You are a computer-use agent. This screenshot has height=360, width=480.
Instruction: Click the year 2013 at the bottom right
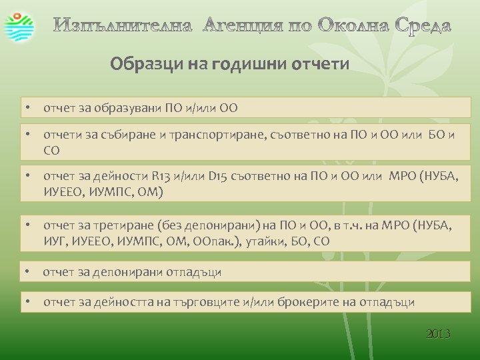[438, 333]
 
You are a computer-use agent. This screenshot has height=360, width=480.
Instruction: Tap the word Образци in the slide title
[139, 65]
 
